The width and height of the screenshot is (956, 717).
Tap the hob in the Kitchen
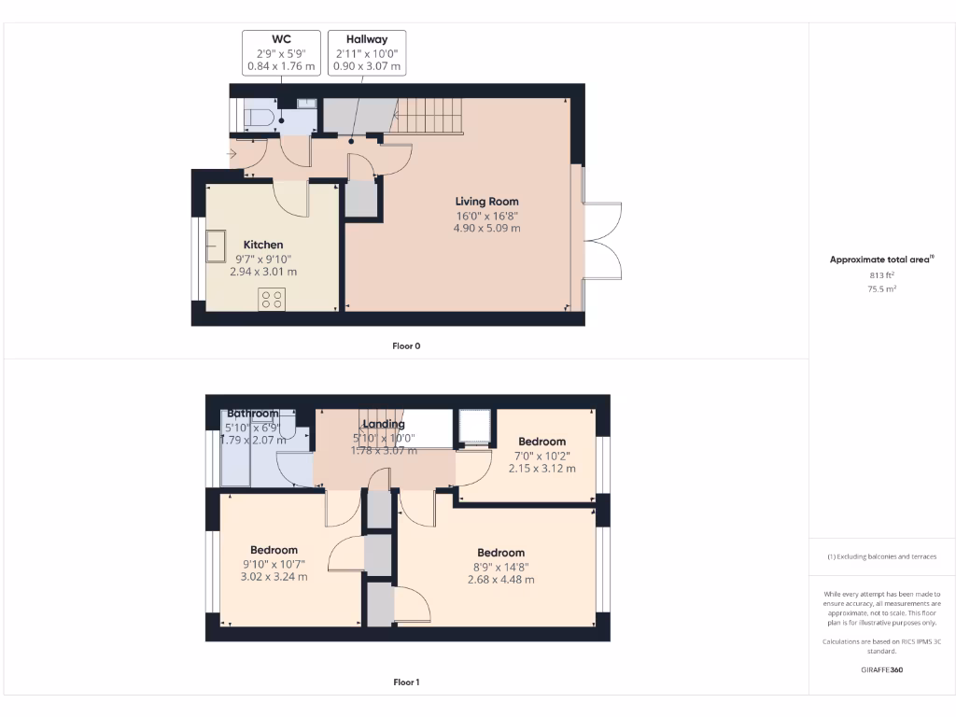pyautogui.click(x=273, y=299)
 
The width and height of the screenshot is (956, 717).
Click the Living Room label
pyautogui.click(x=486, y=202)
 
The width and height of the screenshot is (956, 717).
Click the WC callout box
pyautogui.click(x=281, y=53)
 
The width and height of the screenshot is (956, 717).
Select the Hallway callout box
pyautogui.click(x=367, y=53)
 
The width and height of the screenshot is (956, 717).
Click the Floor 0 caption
pyautogui.click(x=406, y=346)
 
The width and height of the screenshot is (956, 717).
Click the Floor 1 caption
pyautogui.click(x=406, y=682)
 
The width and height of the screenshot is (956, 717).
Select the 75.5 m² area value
pyautogui.click(x=881, y=289)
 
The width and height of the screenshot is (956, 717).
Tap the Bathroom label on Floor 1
pyautogui.click(x=253, y=414)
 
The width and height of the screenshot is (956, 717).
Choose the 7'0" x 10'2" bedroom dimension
pyautogui.click(x=542, y=456)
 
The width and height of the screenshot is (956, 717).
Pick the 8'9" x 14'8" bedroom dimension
pyautogui.click(x=501, y=566)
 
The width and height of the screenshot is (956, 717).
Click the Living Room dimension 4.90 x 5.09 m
pyautogui.click(x=486, y=228)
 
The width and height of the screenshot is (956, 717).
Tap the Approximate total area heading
pyautogui.click(x=881, y=260)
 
